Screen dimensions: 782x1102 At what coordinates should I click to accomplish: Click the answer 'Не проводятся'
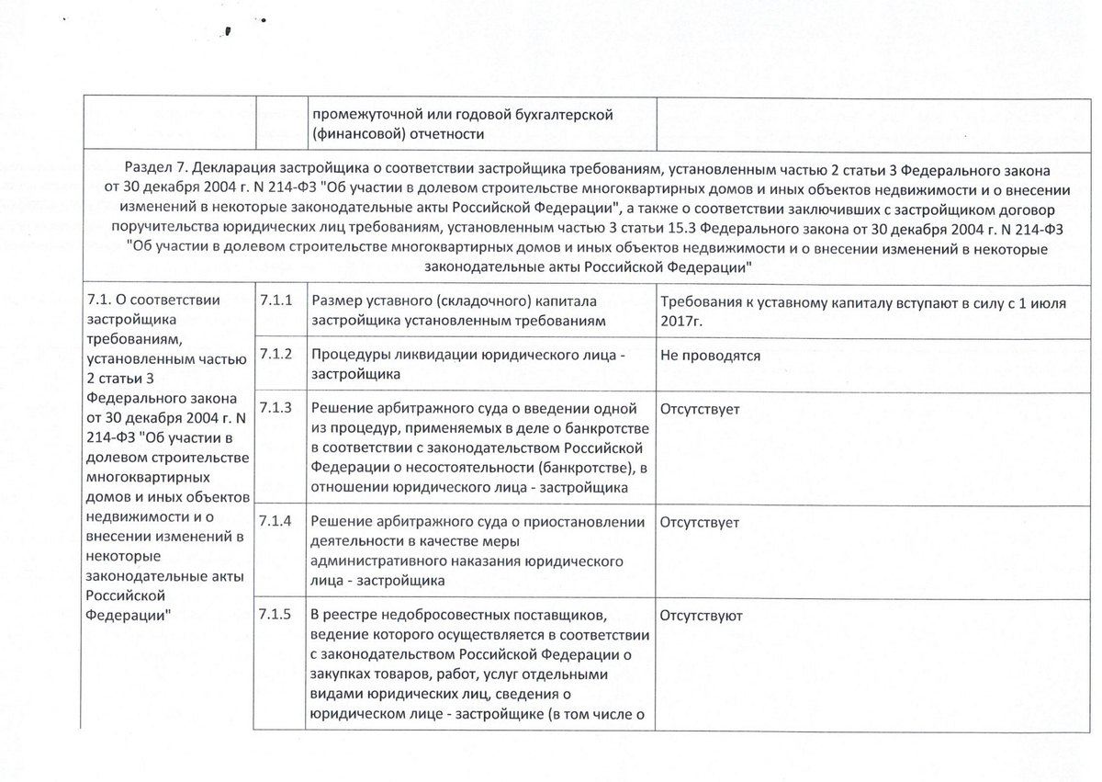[710, 355]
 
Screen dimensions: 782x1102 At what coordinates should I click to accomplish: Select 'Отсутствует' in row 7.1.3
[699, 407]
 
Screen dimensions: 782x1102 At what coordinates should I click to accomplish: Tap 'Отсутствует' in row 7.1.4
[699, 522]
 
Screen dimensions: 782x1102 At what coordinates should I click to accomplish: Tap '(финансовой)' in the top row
[354, 135]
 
